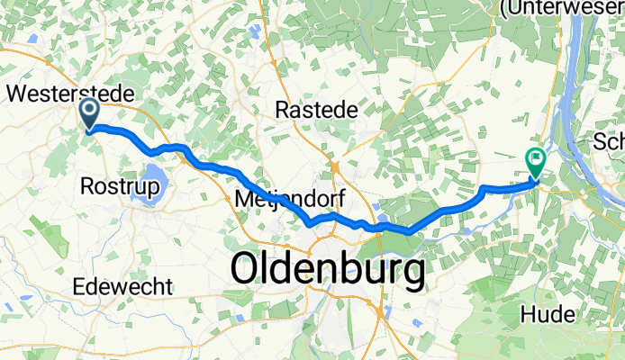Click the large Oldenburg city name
point(328,269)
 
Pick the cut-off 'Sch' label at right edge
point(609,141)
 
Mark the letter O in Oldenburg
point(248,269)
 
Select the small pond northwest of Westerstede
point(33,39)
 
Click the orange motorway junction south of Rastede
point(335,168)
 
